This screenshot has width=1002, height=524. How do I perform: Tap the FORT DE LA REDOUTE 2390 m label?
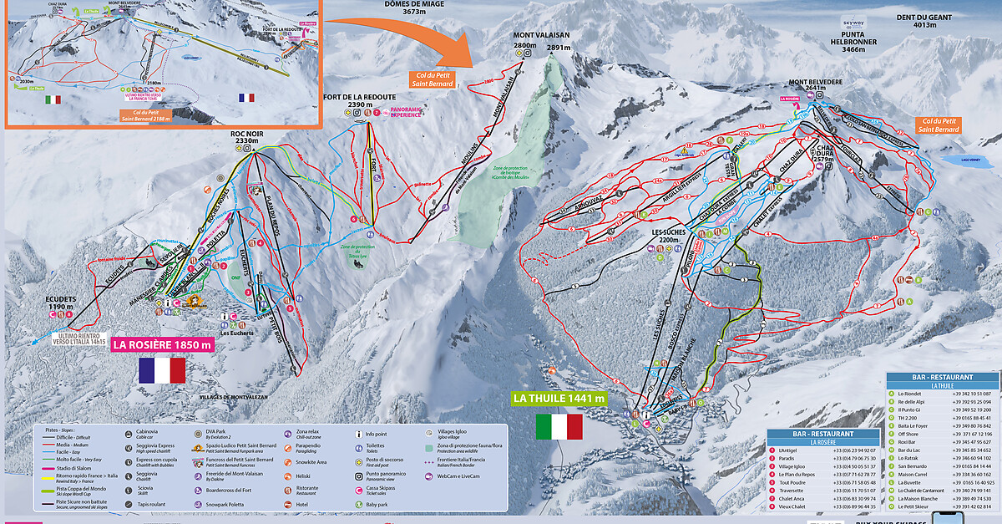[359, 103]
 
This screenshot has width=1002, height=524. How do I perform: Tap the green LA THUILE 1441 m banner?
[559, 399]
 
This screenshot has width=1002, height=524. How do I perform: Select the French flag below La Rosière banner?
[162, 369]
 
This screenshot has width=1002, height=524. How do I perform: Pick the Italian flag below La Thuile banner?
[559, 426]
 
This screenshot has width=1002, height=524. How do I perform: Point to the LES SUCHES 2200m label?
[669, 235]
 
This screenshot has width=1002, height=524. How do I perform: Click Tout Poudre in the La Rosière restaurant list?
[795, 482]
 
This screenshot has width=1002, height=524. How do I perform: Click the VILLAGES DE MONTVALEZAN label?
[234, 396]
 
